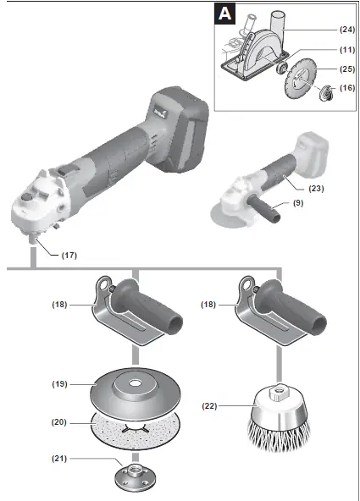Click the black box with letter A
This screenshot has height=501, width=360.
point(225,14)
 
